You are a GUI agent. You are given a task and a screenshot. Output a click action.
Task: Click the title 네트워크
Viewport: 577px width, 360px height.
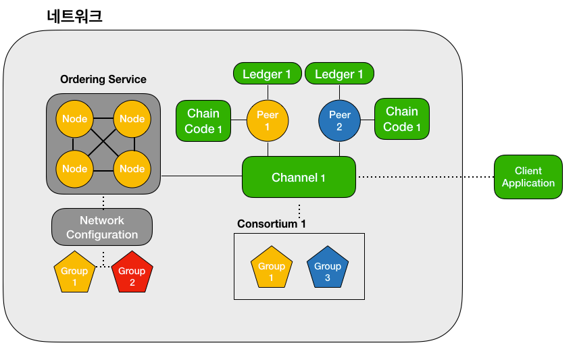[75, 16]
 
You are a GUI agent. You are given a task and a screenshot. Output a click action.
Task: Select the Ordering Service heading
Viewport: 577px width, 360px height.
[103, 79]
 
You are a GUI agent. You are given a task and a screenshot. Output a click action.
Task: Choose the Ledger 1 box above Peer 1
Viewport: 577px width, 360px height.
[267, 74]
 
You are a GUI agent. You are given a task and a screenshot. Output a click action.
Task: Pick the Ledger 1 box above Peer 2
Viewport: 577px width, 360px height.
[339, 74]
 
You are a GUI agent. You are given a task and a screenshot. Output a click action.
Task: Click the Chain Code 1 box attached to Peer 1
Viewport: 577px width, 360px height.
[203, 121]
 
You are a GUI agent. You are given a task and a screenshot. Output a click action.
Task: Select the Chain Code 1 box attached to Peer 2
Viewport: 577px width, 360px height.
[402, 119]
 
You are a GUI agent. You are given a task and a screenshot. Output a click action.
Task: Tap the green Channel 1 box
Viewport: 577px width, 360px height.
[299, 177]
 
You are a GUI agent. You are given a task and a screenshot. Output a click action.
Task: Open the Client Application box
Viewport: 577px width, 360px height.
[528, 177]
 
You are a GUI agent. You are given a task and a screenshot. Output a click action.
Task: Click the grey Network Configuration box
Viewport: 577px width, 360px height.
[102, 228]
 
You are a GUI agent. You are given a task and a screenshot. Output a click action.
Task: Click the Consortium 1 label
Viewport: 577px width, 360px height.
[266, 224]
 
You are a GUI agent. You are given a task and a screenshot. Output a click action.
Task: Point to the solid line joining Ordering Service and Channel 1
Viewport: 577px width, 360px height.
[201, 176]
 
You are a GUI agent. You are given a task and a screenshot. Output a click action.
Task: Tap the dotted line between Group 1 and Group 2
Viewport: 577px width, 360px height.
[103, 266]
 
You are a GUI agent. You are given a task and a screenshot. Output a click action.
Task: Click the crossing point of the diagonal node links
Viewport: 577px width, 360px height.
[103, 144]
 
